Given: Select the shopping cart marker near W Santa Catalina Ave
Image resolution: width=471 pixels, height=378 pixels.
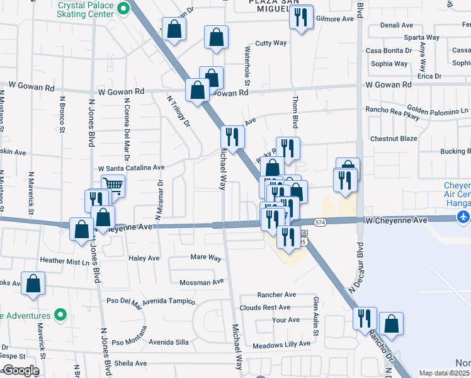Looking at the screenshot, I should (x=113, y=185).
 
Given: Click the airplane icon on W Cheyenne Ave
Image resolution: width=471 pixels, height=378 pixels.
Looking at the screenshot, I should (x=464, y=217).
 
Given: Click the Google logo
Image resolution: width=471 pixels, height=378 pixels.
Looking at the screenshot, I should (x=20, y=370).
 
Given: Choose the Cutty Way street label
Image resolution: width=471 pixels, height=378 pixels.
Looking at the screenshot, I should (x=271, y=43).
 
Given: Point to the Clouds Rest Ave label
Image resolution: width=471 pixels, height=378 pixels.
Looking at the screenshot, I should (x=264, y=307).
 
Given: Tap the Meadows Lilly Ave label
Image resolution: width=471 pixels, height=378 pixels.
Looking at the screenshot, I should (x=281, y=344).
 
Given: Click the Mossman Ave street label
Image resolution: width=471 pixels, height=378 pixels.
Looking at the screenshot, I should (x=201, y=282).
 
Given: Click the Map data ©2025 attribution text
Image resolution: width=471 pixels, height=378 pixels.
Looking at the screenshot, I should (x=445, y=373).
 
